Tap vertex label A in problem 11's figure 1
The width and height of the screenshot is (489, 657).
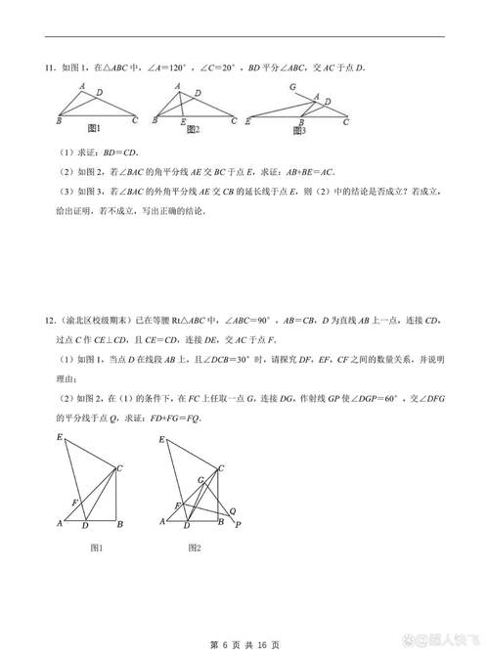tap(81, 86)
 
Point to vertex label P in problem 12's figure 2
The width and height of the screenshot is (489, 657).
tap(239, 524)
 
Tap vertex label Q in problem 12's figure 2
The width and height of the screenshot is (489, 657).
tap(233, 509)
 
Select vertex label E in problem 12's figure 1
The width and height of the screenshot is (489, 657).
tap(61, 436)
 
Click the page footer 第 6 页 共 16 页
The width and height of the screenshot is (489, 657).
tap(244, 644)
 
